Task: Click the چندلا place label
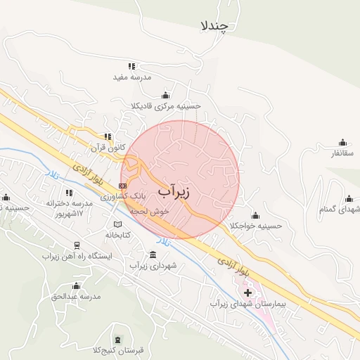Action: click(x=214, y=26)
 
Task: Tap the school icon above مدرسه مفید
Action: click(x=132, y=66)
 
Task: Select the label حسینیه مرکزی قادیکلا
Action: click(x=166, y=105)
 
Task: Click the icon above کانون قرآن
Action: click(x=108, y=137)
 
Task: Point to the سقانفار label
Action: click(x=343, y=153)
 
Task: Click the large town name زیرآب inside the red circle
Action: click(x=174, y=191)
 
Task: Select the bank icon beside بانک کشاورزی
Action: click(x=123, y=186)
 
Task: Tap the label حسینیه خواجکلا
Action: click(x=255, y=225)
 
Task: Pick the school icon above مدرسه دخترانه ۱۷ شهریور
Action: click(x=70, y=192)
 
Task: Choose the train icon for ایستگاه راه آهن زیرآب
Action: click(x=77, y=245)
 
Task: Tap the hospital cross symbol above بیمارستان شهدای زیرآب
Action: click(x=247, y=292)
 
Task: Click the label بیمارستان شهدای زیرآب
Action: click(x=248, y=304)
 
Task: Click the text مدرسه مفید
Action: click(x=133, y=77)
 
